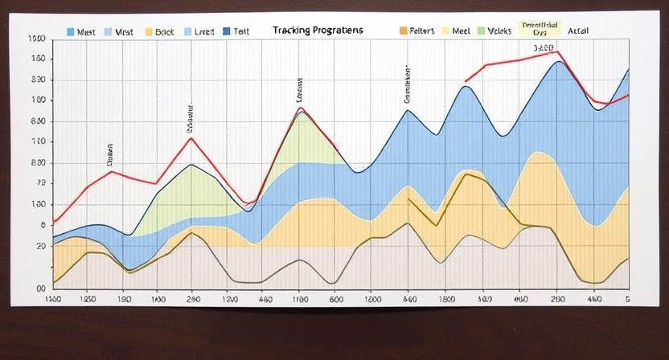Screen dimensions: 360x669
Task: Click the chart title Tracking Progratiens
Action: [317, 31]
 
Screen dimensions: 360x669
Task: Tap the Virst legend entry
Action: [124, 31]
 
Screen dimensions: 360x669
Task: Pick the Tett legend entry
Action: [241, 31]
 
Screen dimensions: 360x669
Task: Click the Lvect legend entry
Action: [204, 31]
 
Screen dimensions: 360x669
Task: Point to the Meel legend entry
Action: [461, 31]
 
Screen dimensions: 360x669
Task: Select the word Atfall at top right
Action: [578, 31]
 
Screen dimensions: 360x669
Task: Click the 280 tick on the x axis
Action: [193, 299]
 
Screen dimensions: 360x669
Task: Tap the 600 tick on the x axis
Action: [336, 299]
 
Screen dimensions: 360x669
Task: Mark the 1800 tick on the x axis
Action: [446, 299]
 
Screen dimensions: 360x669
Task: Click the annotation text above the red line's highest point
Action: [544, 47]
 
